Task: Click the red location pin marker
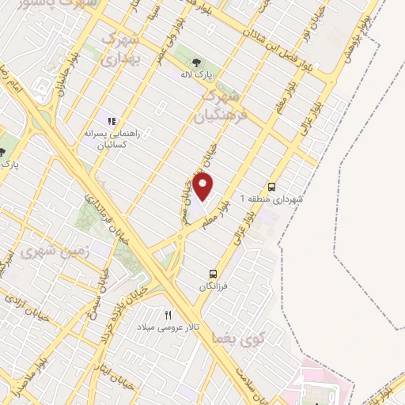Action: click(204, 187)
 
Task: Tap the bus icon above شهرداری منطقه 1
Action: click(272, 187)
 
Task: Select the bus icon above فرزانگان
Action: click(211, 273)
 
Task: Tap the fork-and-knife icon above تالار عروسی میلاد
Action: click(167, 314)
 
